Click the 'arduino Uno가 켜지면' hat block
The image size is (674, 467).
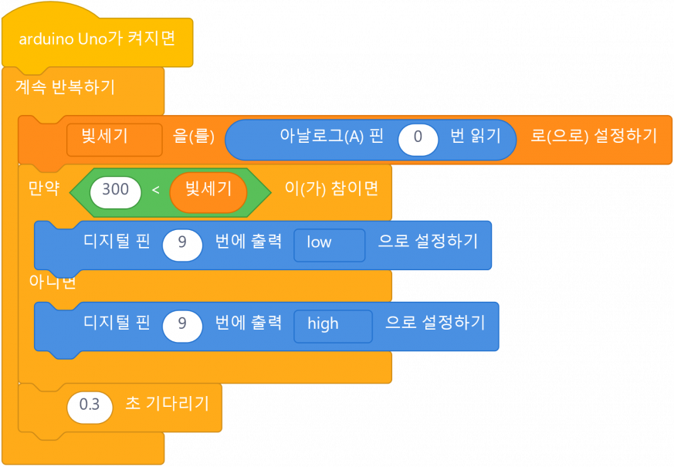click(97, 39)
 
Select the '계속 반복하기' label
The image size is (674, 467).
click(65, 86)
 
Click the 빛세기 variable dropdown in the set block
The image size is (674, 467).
click(114, 137)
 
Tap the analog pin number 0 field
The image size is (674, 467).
click(418, 138)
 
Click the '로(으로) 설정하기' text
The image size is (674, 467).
click(594, 137)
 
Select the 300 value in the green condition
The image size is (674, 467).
click(115, 189)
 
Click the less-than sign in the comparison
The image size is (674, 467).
click(155, 189)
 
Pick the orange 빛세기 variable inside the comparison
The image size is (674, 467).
click(208, 189)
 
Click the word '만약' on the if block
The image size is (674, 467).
click(43, 188)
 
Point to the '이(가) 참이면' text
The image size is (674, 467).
click(331, 188)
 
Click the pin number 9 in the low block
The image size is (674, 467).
click(182, 242)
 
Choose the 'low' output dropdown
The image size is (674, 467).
click(329, 242)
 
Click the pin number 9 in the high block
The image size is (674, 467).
click(182, 323)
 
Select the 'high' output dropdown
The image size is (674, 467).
click(333, 324)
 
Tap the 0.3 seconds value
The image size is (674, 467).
click(90, 404)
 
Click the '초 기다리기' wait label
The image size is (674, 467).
click(167, 404)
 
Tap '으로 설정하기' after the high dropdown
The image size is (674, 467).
click(435, 323)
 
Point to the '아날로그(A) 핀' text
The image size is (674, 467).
click(331, 137)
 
